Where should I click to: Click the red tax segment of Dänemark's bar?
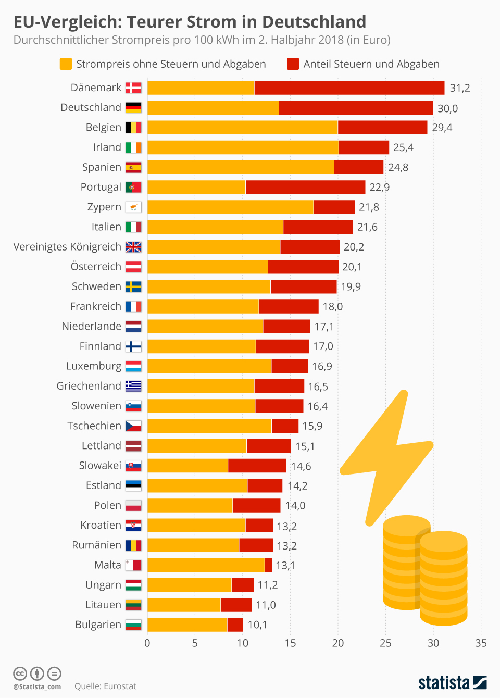[349, 88]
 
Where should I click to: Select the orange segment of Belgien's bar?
[242, 128]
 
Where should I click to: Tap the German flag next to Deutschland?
[133, 108]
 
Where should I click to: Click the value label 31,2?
[460, 88]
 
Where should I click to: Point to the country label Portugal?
[101, 187]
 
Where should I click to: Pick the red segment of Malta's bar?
[268, 565]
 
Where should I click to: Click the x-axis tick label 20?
[338, 643]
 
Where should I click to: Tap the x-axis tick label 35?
[481, 643]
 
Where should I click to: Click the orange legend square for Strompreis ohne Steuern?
[66, 64]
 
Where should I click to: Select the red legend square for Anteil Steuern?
[293, 64]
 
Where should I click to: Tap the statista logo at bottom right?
[452, 682]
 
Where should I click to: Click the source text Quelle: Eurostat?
[105, 686]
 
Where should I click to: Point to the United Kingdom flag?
[133, 247]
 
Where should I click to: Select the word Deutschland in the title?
[314, 22]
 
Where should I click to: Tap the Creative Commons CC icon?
[20, 673]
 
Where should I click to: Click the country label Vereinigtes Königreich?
[67, 247]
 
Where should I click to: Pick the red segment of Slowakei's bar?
[257, 466]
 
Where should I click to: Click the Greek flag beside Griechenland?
[133, 386]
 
